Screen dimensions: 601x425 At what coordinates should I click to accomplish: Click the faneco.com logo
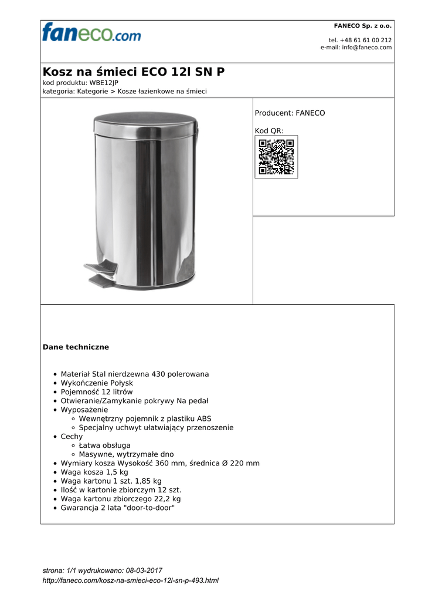point(91,32)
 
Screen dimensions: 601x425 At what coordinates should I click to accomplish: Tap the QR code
point(276,157)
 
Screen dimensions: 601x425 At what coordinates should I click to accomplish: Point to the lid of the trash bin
point(145,124)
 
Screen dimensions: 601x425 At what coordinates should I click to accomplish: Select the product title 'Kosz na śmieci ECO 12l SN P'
point(133,72)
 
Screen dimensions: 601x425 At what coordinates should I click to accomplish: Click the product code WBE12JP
point(104,83)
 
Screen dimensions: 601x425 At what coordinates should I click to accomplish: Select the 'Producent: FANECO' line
point(290,113)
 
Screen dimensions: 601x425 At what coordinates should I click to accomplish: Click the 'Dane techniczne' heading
point(76,347)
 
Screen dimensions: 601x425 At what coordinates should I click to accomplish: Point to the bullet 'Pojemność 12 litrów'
point(97,391)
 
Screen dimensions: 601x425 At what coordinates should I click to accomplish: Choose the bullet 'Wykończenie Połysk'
point(97,383)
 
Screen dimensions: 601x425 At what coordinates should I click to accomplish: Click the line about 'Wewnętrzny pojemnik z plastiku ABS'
point(145,418)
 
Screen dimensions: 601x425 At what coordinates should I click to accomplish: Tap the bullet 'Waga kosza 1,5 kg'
point(94,472)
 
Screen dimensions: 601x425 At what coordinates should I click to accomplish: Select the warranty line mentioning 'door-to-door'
point(117,508)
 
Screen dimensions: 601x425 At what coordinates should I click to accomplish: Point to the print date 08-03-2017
point(143,570)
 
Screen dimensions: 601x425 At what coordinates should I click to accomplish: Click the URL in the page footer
point(131,580)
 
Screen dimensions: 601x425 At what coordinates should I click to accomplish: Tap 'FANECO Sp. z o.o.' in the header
point(362,26)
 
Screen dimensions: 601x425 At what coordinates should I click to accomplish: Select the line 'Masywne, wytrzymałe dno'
point(126,454)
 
